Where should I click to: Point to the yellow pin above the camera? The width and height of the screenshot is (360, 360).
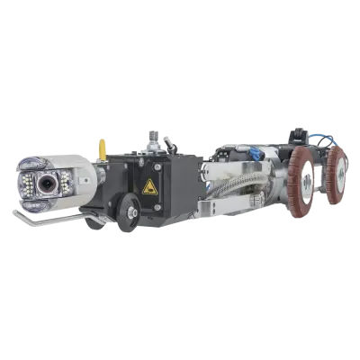(x=101, y=144)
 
